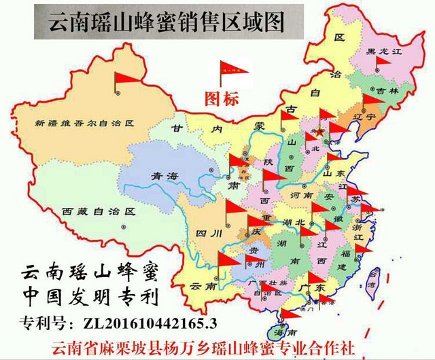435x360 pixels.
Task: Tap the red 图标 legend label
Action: [222, 99]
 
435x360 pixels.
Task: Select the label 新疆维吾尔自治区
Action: [85, 124]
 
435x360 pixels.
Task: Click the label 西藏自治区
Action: [90, 211]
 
